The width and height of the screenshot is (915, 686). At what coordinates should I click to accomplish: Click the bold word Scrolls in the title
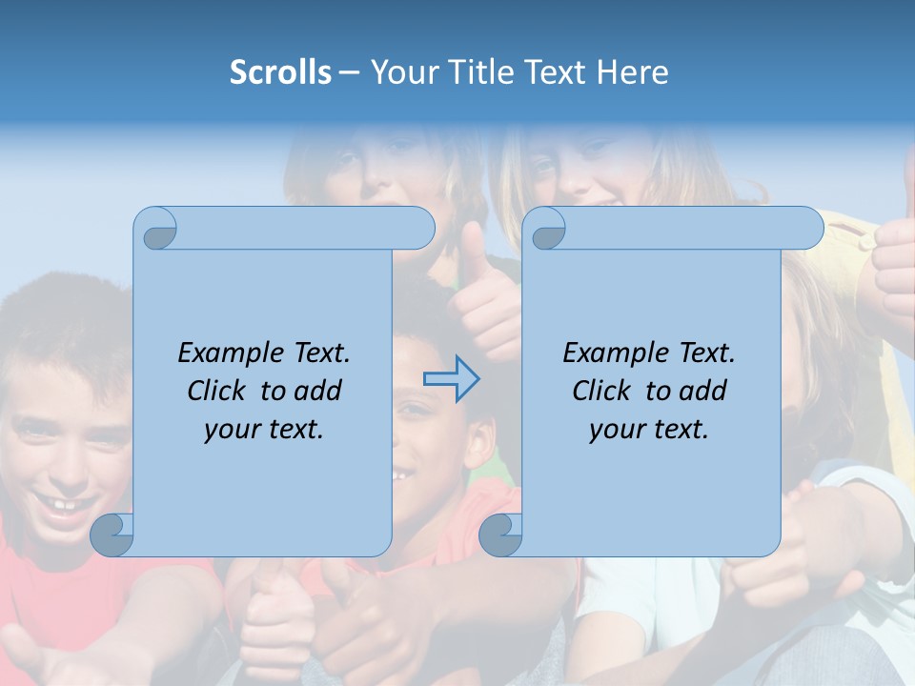[280, 72]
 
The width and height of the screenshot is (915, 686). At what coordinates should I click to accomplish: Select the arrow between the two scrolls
[451, 379]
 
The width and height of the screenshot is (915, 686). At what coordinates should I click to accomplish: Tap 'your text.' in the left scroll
[264, 430]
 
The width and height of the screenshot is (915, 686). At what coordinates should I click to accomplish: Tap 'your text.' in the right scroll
[649, 430]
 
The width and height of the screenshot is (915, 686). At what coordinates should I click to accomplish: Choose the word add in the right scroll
[704, 391]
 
